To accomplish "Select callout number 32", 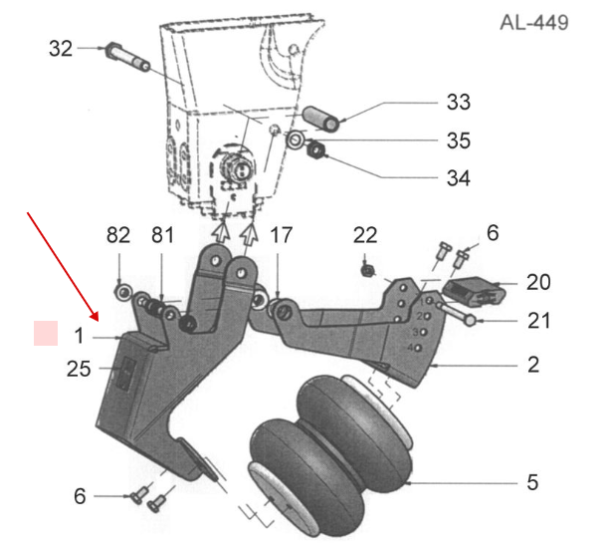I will [61, 48].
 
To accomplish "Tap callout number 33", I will [458, 102].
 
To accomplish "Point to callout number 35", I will [458, 140].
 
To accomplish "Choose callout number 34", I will [458, 178].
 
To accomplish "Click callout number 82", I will [118, 235].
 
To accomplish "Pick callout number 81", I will [162, 235].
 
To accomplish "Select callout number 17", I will [282, 235].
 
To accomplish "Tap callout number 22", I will [365, 235].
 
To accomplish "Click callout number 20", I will [538, 282].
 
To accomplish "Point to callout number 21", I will [538, 321].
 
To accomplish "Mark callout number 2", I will [533, 365].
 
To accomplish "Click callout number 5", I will [532, 482].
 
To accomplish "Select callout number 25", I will [80, 370].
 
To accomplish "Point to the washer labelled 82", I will [121, 292].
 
